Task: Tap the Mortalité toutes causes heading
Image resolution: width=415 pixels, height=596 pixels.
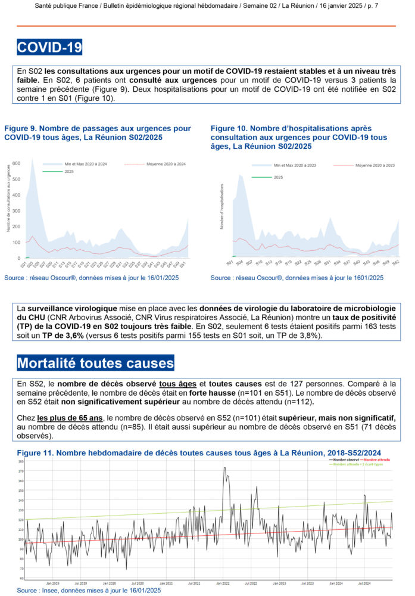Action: (x=95, y=362)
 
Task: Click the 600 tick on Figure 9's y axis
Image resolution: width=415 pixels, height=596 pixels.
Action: (x=17, y=163)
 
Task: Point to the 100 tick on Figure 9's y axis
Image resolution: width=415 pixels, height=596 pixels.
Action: (x=17, y=243)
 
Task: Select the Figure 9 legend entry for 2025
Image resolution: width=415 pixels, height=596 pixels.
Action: (x=69, y=172)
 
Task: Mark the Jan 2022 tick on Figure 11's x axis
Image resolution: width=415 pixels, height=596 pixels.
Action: (x=223, y=583)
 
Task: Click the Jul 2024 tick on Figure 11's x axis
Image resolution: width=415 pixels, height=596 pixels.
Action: (x=363, y=583)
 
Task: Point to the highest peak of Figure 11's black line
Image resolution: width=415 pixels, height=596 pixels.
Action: (x=224, y=468)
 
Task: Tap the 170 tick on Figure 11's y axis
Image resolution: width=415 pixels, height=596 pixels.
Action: (x=21, y=471)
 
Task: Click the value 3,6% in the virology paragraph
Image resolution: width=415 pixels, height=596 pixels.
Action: (x=86, y=336)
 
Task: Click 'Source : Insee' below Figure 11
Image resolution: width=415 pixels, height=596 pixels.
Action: (x=42, y=590)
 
